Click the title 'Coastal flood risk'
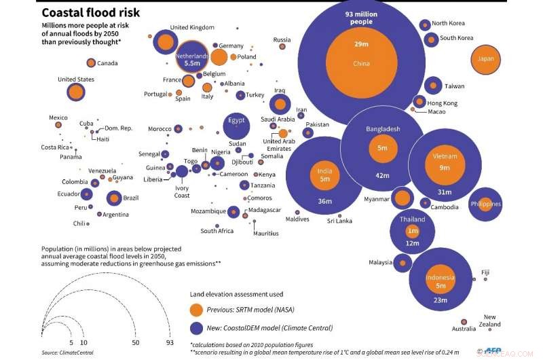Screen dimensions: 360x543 90,12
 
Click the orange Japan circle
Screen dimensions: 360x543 486,59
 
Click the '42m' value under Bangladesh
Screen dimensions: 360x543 383,176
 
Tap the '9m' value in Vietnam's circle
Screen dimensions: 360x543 445,168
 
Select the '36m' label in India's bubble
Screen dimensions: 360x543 324,201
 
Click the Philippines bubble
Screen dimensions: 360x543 485,204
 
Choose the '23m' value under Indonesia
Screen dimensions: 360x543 440,300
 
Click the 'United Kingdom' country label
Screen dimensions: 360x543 192,27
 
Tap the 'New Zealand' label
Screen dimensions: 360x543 489,321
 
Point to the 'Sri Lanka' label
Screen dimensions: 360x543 339,221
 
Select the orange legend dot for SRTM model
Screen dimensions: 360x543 196,310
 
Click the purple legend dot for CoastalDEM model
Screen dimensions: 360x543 196,328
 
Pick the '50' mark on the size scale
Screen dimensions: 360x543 136,344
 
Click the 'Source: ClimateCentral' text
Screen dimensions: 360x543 67,353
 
